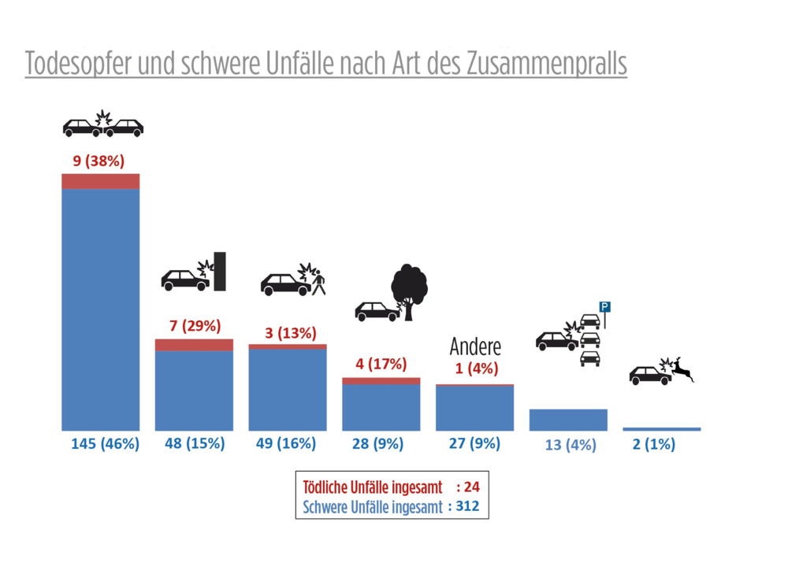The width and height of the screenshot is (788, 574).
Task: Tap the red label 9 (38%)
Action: click(x=98, y=162)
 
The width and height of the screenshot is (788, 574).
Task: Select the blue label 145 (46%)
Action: click(x=105, y=443)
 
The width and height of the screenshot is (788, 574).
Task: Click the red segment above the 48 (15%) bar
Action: click(x=194, y=345)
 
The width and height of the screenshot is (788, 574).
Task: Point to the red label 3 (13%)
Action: click(x=286, y=333)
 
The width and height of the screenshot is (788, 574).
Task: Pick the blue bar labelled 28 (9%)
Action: click(x=381, y=407)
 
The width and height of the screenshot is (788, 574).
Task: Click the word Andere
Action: click(x=475, y=346)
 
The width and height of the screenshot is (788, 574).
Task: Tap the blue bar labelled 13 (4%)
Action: click(x=568, y=420)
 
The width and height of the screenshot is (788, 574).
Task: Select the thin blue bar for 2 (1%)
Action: click(x=661, y=429)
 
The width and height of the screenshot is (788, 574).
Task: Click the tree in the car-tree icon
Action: click(x=409, y=287)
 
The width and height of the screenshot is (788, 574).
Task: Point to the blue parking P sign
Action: click(x=605, y=306)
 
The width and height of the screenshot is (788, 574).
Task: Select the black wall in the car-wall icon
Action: click(x=220, y=271)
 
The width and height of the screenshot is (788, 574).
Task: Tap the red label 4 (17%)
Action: click(x=380, y=365)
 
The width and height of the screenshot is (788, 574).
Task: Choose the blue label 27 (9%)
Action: click(x=474, y=443)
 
